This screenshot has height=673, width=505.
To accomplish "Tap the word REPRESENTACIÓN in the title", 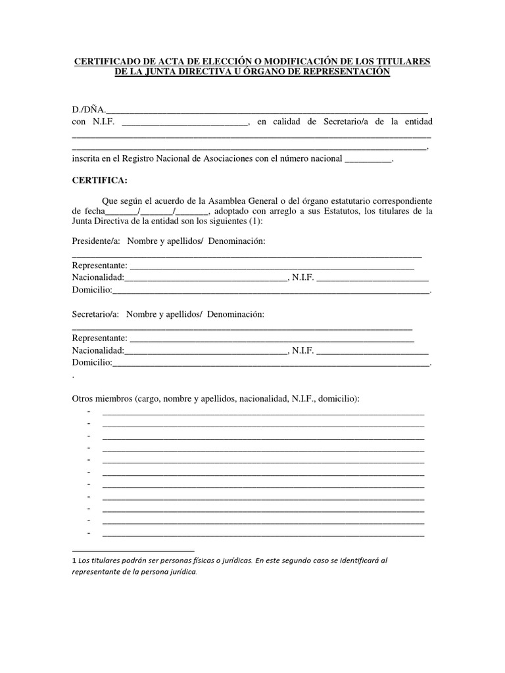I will tap(345, 72).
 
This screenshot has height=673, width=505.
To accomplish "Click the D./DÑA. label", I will tap(88, 108).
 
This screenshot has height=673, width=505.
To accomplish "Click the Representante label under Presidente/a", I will tap(100, 265).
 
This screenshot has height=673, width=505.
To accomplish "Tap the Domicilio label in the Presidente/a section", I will tap(92, 289).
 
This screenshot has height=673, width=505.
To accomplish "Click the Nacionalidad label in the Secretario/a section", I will tap(97, 350).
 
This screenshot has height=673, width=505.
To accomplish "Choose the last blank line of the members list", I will tap(263, 535).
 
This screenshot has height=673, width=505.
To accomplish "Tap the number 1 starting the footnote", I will tap(74, 561).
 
